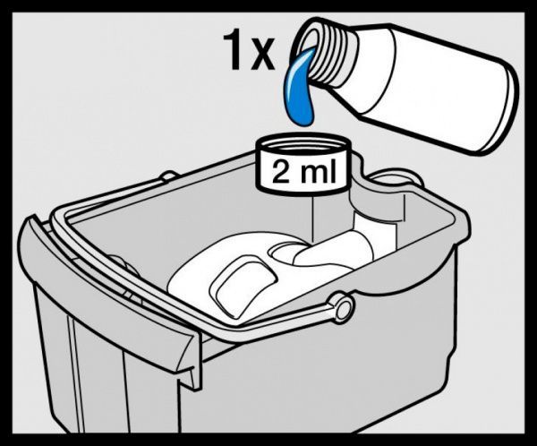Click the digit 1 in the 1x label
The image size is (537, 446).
234,51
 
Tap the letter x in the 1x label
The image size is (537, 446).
261,56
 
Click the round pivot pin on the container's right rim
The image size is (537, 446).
341,307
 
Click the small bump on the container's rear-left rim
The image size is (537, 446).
168,177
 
